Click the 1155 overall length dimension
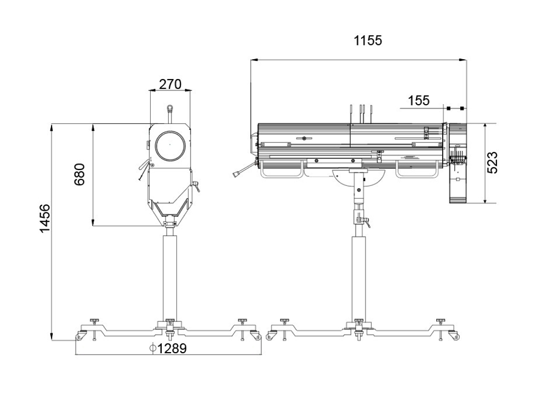[368, 41]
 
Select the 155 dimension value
[419, 101]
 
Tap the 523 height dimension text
[493, 163]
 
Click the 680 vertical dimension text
[80, 174]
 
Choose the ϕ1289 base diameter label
[168, 348]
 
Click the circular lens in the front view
[170, 145]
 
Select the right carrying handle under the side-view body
[417, 169]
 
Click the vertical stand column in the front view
[170, 274]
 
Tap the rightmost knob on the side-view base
[440, 321]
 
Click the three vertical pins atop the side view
[361, 112]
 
